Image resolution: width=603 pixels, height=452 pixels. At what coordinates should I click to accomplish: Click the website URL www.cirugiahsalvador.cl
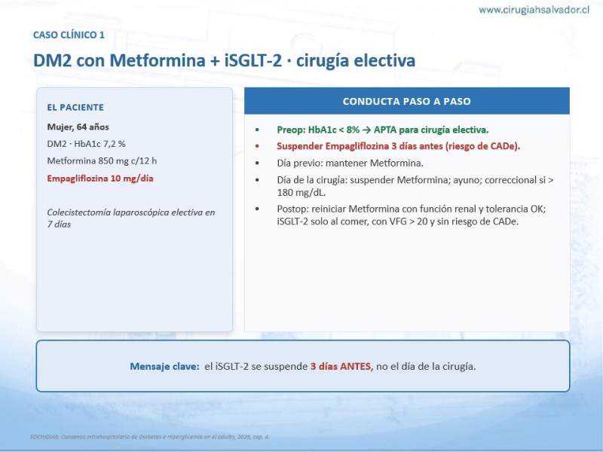tap(534, 10)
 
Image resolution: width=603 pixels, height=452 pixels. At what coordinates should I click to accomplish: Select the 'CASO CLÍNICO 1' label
tap(69, 35)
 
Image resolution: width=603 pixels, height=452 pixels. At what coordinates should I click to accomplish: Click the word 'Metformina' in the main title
tap(158, 60)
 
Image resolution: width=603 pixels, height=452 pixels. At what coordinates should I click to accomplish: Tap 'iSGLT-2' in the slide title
tap(253, 60)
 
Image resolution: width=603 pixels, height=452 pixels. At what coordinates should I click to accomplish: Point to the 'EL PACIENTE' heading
tap(75, 108)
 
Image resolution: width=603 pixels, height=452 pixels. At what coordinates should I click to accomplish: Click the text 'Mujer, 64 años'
tap(78, 127)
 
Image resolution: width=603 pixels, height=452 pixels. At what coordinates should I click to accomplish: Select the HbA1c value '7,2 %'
tap(115, 144)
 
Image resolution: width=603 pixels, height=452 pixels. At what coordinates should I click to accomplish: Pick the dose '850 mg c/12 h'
tap(127, 160)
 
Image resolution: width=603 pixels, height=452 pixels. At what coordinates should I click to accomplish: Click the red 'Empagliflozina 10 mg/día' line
tap(100, 179)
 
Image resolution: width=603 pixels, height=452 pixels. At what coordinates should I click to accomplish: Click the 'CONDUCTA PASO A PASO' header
tap(406, 101)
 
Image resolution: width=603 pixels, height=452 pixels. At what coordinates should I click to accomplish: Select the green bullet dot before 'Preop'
tap(257, 130)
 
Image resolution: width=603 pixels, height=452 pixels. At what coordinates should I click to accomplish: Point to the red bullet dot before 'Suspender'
tap(257, 146)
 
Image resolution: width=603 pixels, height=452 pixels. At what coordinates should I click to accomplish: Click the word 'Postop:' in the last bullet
tap(292, 209)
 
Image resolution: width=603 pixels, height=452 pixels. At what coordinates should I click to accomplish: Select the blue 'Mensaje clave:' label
tap(164, 366)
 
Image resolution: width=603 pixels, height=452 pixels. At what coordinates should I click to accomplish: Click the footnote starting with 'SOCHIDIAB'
tap(150, 437)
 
